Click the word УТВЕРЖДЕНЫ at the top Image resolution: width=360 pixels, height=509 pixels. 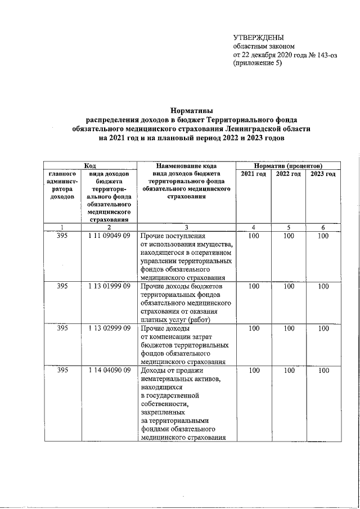[x=259, y=37]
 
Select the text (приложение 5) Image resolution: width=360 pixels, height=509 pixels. [x=258, y=64]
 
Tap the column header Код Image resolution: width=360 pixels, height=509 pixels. [x=90, y=166]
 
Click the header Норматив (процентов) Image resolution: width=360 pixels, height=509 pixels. [x=288, y=166]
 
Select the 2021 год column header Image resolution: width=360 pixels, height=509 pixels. [x=253, y=174]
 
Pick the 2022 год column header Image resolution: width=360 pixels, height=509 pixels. [x=288, y=174]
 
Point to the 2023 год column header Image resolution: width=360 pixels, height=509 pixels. [x=323, y=174]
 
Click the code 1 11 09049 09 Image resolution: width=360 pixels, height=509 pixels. [x=110, y=237]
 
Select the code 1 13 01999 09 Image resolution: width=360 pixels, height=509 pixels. [x=110, y=286]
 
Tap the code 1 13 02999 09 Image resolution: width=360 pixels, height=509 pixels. [x=110, y=328]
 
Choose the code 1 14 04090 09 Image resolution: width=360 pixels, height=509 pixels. [x=110, y=370]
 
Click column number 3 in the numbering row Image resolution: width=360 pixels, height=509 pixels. [x=187, y=227]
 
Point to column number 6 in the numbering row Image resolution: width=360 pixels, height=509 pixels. [x=323, y=227]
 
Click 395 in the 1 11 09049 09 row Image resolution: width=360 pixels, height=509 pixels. [x=62, y=237]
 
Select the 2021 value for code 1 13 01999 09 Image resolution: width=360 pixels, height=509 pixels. [x=253, y=286]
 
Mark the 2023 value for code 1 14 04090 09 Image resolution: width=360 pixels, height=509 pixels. [x=323, y=370]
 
